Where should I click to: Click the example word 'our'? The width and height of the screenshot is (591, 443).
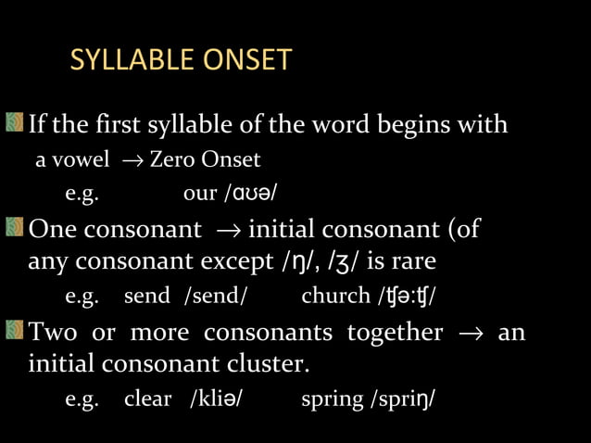[200, 195]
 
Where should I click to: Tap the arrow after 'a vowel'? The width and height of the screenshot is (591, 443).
[127, 161]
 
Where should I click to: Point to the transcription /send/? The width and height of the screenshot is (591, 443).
[216, 297]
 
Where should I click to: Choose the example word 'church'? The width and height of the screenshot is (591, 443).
[335, 297]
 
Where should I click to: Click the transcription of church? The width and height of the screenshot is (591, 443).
[405, 297]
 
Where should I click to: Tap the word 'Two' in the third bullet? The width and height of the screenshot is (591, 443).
[53, 332]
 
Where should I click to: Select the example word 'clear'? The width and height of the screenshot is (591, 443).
[148, 399]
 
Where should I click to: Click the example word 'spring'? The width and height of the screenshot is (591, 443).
[333, 400]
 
